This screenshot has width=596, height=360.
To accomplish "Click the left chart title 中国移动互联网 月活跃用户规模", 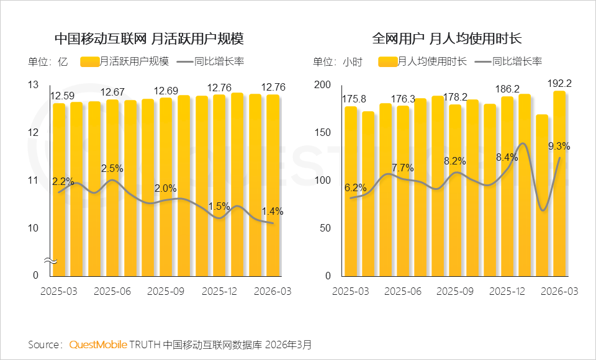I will coord(149,38).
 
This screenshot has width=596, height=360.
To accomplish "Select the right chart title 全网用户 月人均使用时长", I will coord(446,38).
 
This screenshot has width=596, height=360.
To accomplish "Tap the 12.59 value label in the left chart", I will coord(62,96).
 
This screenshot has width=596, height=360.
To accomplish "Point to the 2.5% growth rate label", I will coord(112,168).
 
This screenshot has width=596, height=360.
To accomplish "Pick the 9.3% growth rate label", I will coord(559,146).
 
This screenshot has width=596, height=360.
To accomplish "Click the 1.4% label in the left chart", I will coord(272,211).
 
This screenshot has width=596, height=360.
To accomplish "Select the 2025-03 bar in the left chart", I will coord(59,186).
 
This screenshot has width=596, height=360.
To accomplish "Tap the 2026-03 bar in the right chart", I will coord(559,186).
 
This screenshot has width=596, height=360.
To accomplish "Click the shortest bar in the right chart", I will coord(542,199).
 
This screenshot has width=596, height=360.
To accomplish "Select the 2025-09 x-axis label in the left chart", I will coord(166,290).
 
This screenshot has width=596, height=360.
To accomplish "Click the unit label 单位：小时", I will coord(337,61).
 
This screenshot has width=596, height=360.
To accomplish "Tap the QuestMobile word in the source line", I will coord(98,344).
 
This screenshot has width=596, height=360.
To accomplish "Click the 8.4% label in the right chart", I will coord(506,158).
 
